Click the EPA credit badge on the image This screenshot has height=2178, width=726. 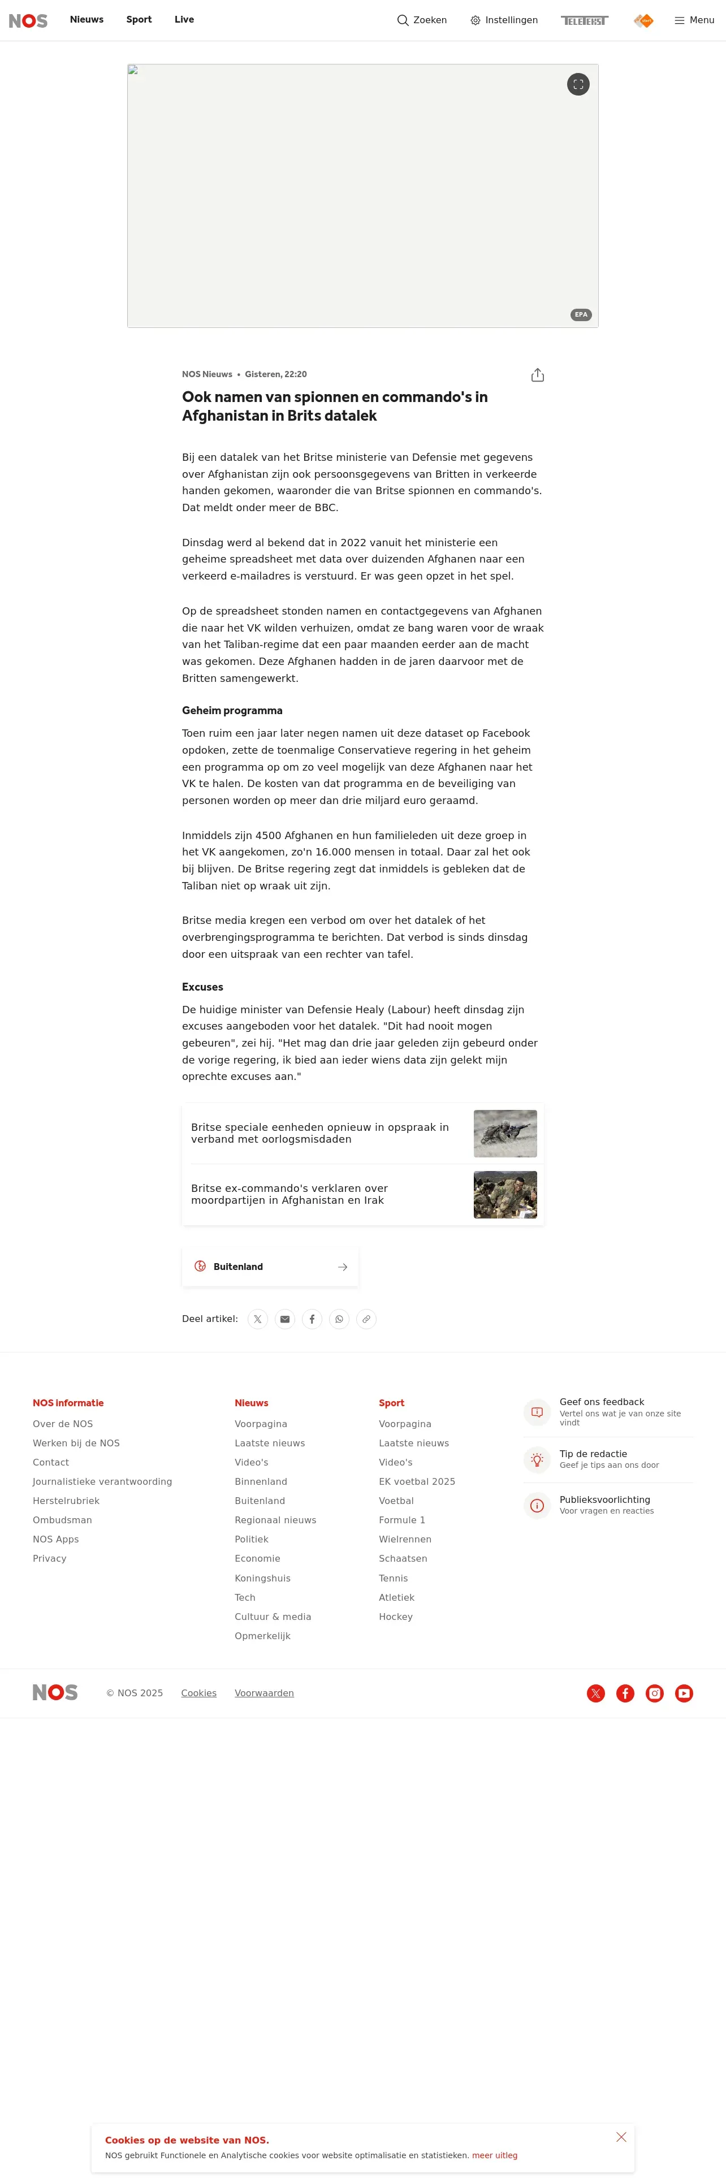[x=581, y=314]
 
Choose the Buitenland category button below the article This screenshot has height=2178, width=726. [x=270, y=1267]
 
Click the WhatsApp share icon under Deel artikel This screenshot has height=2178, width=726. [x=339, y=1319]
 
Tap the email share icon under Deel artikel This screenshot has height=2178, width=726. [x=285, y=1319]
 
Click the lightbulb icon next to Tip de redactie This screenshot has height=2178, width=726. [x=537, y=1460]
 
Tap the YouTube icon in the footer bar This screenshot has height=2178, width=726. [x=684, y=1693]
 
